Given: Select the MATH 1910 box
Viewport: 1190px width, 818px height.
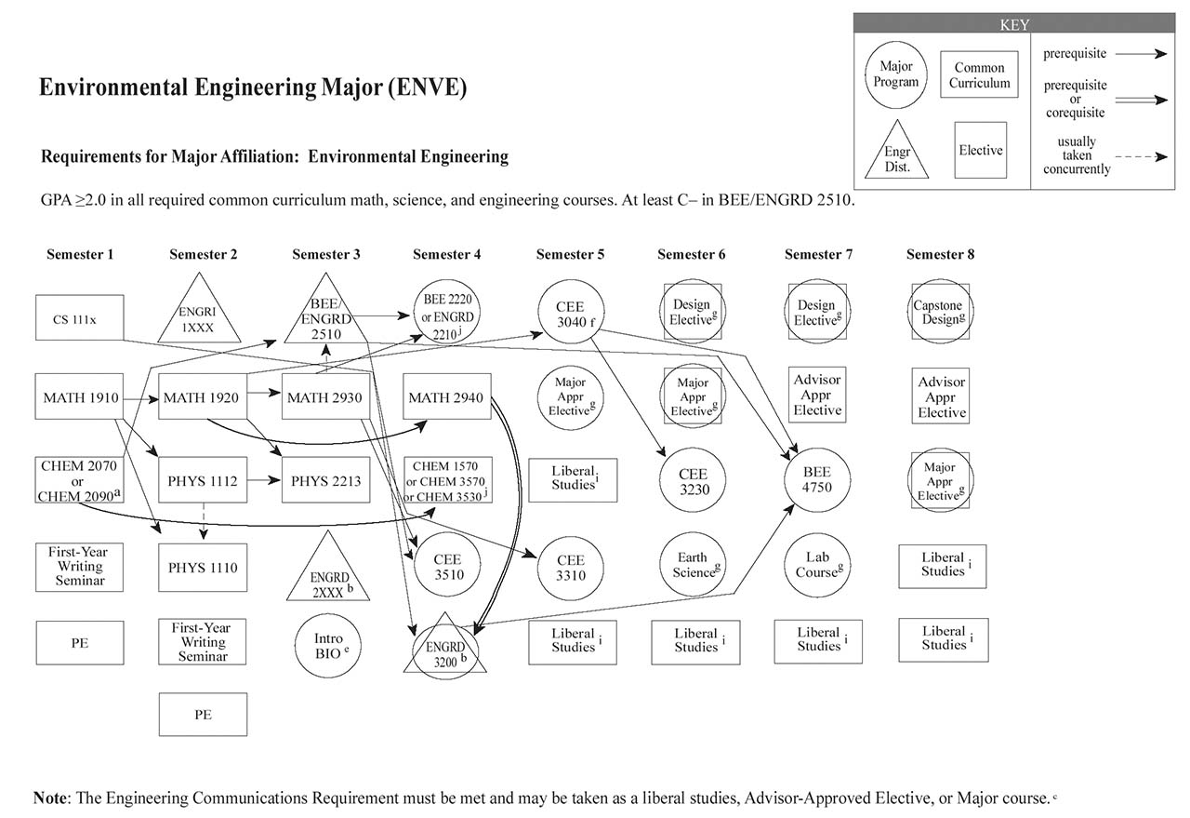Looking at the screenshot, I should pyautogui.click(x=80, y=398).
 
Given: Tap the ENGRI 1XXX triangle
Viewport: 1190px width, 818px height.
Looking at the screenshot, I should pyautogui.click(x=204, y=312).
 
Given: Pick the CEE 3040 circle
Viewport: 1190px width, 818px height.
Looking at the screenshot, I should pyautogui.click(x=571, y=312).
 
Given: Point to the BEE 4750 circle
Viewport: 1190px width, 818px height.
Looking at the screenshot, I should pyautogui.click(x=817, y=481).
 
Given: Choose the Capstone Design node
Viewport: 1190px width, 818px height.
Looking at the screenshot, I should pyautogui.click(x=942, y=312).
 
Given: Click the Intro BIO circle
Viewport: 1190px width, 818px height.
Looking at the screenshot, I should pyautogui.click(x=328, y=645).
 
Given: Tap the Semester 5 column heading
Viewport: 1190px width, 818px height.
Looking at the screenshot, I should pyautogui.click(x=570, y=254).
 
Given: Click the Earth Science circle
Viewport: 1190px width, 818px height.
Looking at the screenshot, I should pyautogui.click(x=694, y=565).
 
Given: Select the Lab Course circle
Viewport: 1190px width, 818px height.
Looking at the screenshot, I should pyautogui.click(x=817, y=565).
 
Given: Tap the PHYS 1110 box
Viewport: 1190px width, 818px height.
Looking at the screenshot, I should pyautogui.click(x=203, y=568).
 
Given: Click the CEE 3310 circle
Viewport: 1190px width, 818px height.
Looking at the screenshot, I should pyautogui.click(x=571, y=568).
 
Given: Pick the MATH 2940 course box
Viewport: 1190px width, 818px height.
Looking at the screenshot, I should pyautogui.click(x=446, y=398).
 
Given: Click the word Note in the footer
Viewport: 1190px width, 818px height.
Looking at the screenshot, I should pyautogui.click(x=50, y=798).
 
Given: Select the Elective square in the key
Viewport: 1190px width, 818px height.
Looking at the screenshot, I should pyautogui.click(x=981, y=150).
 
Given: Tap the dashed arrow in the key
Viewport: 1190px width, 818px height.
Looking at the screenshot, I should pyautogui.click(x=1142, y=157).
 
